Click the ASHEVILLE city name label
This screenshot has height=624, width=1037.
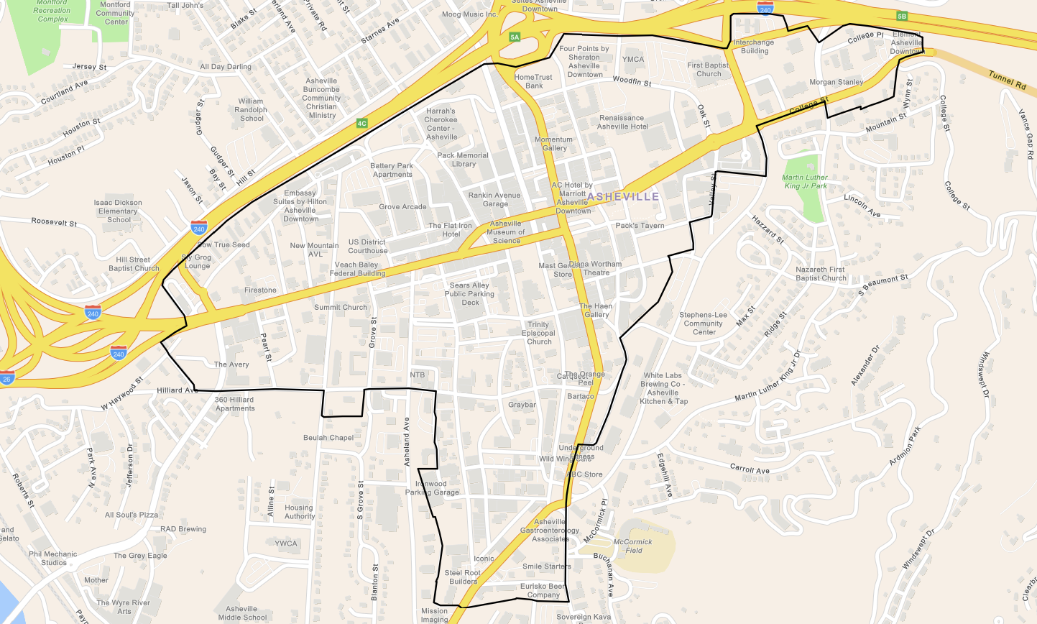(623, 196)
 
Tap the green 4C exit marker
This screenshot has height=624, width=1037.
(362, 124)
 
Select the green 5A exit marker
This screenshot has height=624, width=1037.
(514, 37)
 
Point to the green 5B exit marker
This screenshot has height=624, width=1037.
(902, 16)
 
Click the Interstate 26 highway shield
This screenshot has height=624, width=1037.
(6, 378)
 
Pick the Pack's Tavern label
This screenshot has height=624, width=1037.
(640, 226)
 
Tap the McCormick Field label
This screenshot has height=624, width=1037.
(633, 546)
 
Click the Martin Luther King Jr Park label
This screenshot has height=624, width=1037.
(805, 182)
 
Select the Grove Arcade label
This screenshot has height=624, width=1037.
(402, 207)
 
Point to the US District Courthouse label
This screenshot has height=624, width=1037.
(368, 247)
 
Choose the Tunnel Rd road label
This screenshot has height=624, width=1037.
(1007, 80)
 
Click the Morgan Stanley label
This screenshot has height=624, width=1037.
(836, 83)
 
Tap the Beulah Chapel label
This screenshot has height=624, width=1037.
(328, 438)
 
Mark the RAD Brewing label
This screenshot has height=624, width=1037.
(183, 529)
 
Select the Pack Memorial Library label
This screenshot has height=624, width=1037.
(463, 160)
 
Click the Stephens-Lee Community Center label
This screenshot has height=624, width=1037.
(704, 324)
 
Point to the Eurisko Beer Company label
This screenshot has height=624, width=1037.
(543, 591)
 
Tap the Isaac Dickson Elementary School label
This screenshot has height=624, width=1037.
(118, 211)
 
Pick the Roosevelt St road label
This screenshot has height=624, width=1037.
(54, 222)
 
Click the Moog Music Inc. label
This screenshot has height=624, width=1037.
(469, 14)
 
